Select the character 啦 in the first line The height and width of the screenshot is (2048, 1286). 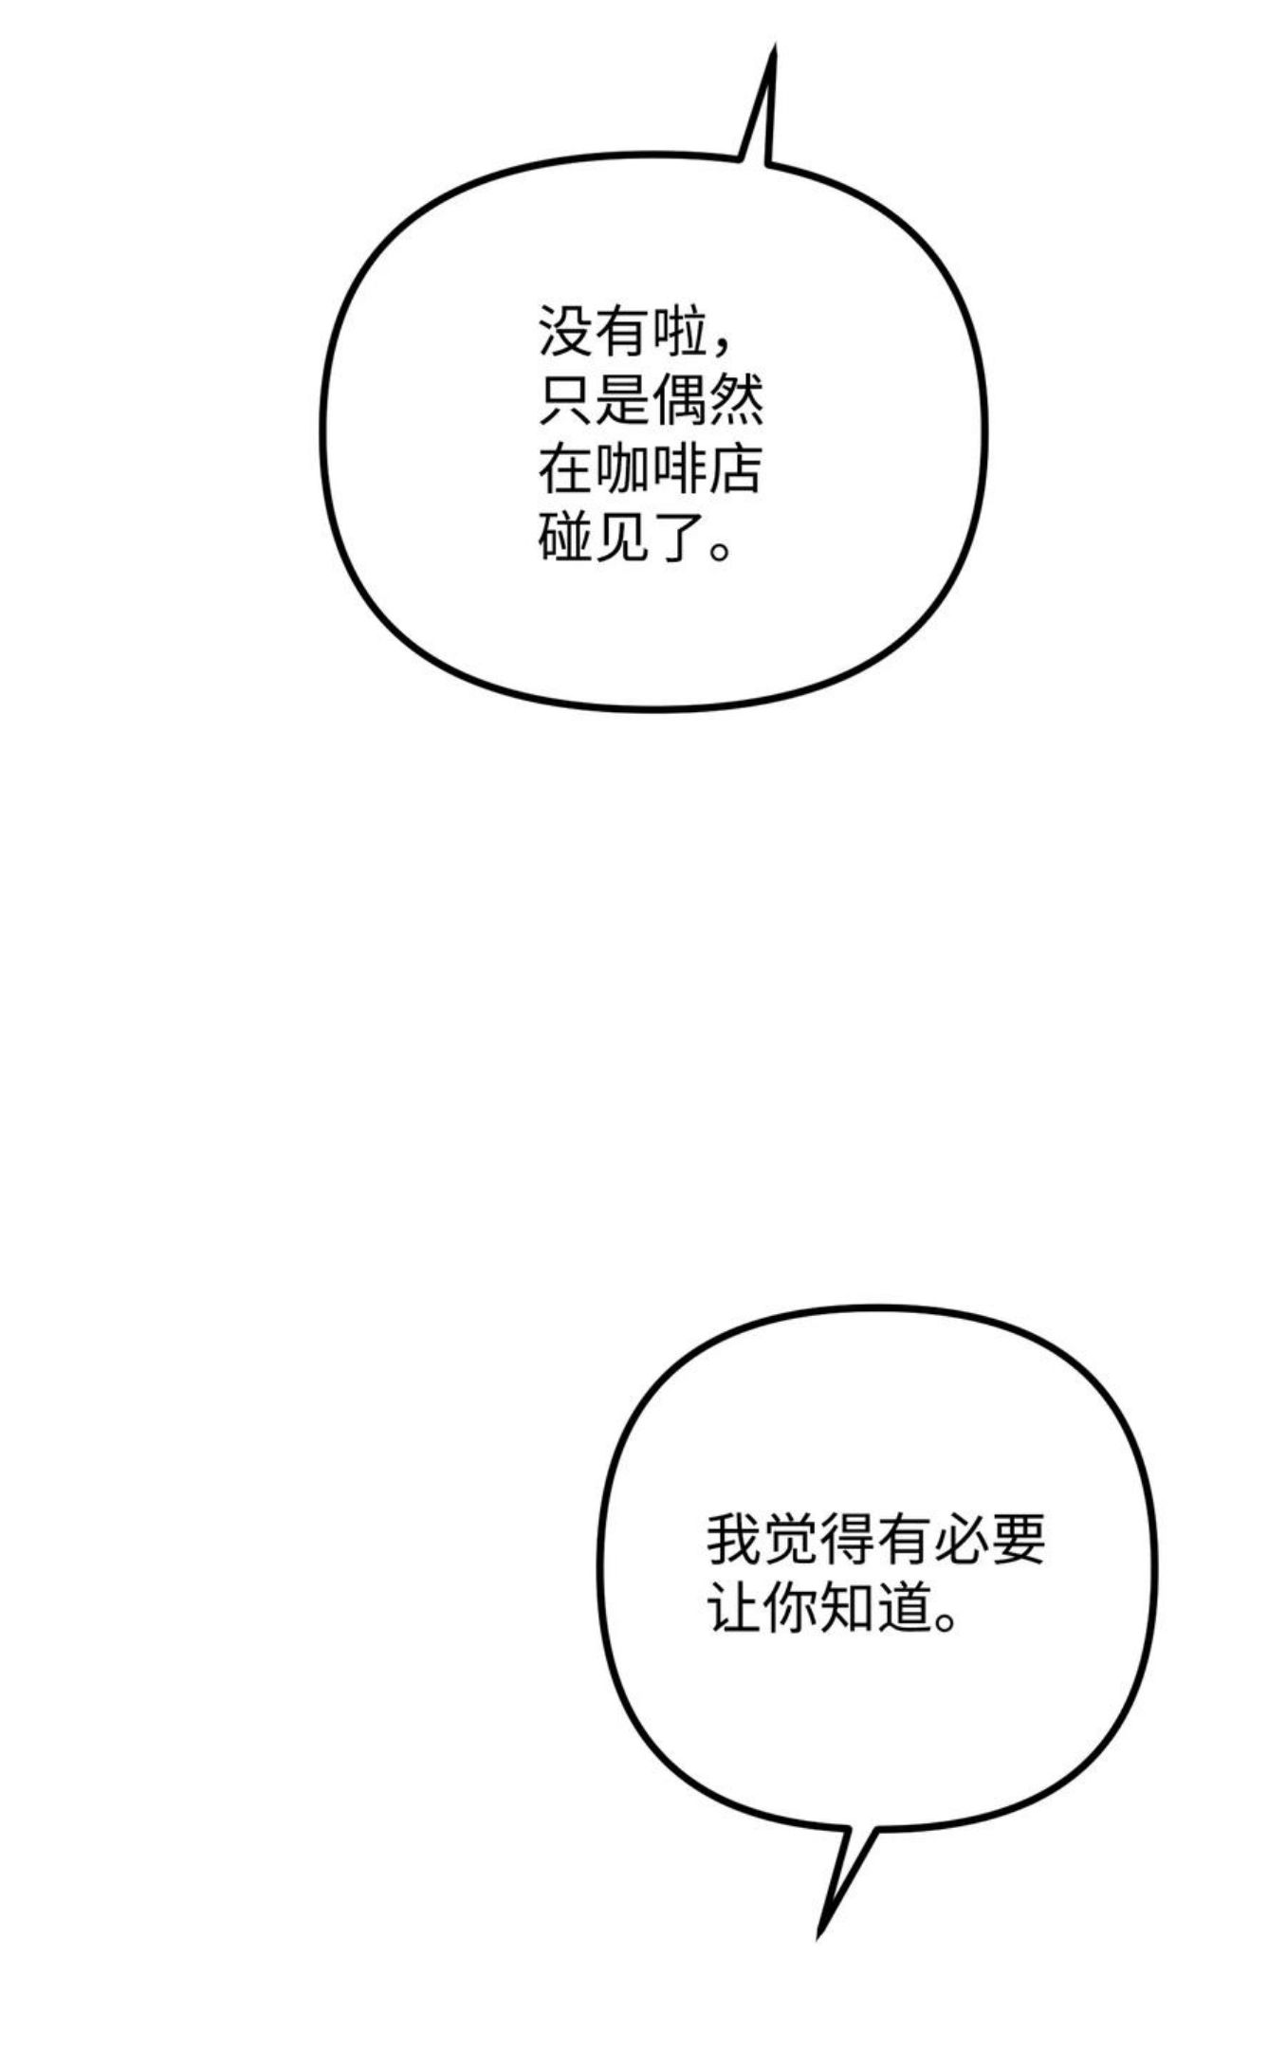[678, 332]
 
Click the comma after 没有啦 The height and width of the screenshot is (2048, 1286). [725, 347]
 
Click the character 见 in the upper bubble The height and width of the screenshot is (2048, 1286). [622, 538]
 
